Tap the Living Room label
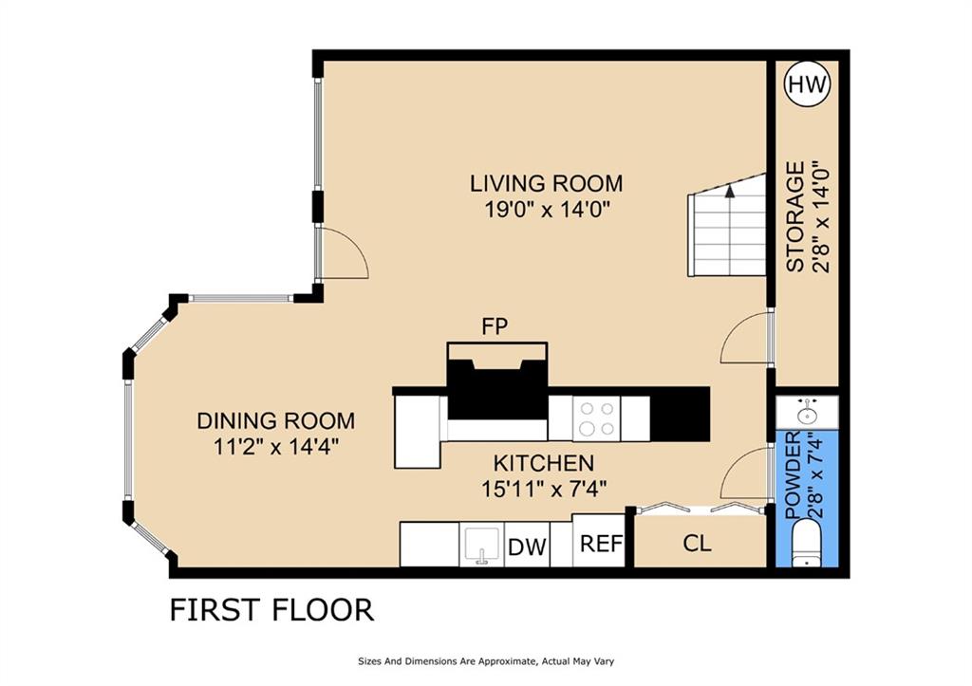[x=546, y=182]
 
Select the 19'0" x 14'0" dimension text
[x=546, y=209]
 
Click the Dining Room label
[x=275, y=420]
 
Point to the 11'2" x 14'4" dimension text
[x=275, y=447]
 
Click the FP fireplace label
[x=495, y=326]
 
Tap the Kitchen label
[x=543, y=463]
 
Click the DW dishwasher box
[x=527, y=547]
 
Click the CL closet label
[x=698, y=545]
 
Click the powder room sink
[x=807, y=413]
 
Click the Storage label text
[x=795, y=216]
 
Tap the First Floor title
[x=271, y=609]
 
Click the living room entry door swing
[x=343, y=255]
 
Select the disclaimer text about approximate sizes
[x=489, y=661]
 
